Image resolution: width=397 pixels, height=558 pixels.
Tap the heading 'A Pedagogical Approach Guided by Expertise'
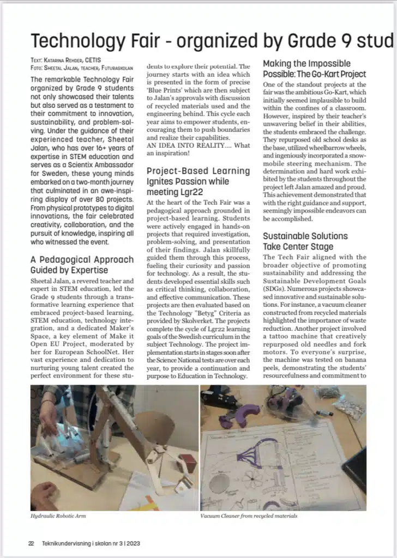click(82, 264)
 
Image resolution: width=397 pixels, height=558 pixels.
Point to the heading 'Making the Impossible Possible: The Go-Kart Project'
click(314, 69)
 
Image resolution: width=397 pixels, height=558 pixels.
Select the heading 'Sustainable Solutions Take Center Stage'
click(305, 241)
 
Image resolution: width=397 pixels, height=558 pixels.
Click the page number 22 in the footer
click(32, 543)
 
